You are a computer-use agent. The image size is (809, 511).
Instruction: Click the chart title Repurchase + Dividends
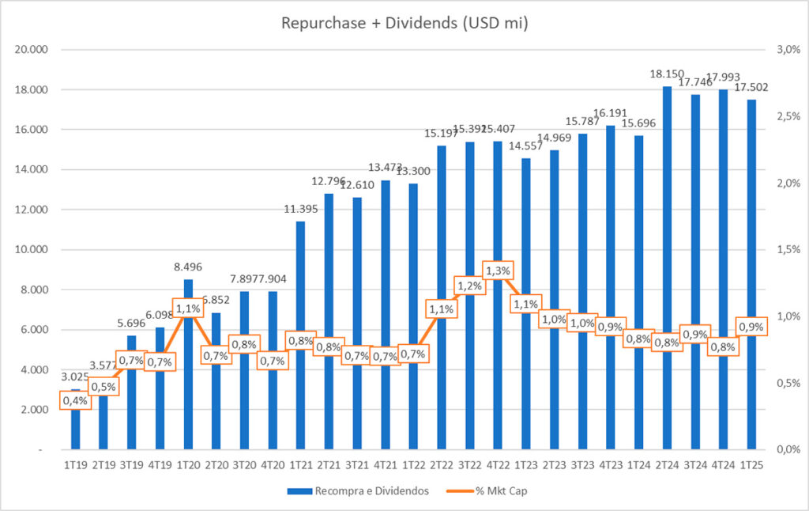[x=404, y=24]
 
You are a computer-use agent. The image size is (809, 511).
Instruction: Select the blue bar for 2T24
[x=667, y=237]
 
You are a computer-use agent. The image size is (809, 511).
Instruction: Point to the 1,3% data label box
[x=498, y=271]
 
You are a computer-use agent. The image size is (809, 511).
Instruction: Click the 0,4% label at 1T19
[x=75, y=401]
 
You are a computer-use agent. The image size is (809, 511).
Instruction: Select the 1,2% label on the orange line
[x=470, y=286]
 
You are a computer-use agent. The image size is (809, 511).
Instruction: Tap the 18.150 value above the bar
[x=667, y=74]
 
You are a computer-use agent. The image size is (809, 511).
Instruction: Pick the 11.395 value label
[x=300, y=210]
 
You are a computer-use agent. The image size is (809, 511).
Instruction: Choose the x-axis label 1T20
[x=187, y=465]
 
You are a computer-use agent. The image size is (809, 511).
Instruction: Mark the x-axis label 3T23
[x=582, y=465]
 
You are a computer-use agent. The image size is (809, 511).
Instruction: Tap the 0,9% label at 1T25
[x=751, y=325]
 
